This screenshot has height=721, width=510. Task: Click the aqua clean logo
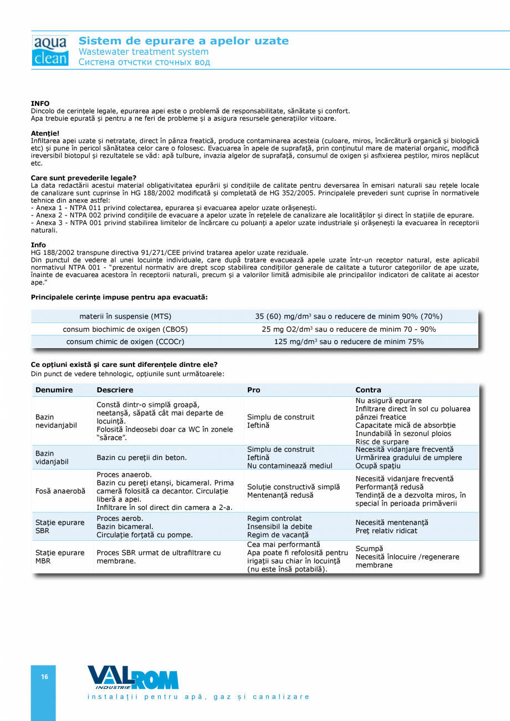(x=50, y=51)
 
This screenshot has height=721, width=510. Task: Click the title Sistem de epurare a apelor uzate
(x=183, y=41)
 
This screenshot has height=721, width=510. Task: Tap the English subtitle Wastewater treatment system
(x=144, y=52)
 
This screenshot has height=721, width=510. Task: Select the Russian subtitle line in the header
(x=144, y=62)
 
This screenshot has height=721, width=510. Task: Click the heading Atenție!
(x=45, y=133)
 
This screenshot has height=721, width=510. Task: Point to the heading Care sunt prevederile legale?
(x=84, y=178)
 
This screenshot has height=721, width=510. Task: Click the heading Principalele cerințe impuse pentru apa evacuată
(x=119, y=298)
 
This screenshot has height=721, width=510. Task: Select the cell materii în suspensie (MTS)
(x=125, y=316)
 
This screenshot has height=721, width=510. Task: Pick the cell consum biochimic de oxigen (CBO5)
(x=125, y=329)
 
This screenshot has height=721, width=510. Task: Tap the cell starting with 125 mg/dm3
(x=349, y=342)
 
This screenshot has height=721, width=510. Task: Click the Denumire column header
(x=54, y=390)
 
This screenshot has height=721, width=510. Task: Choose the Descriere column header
(x=115, y=390)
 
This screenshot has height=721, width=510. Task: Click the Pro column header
(x=253, y=390)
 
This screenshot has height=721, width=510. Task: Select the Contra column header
(x=368, y=390)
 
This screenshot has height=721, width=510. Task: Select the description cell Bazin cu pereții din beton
(x=141, y=458)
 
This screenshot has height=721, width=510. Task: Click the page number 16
(x=44, y=677)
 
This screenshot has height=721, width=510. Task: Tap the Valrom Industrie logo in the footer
(x=133, y=678)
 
